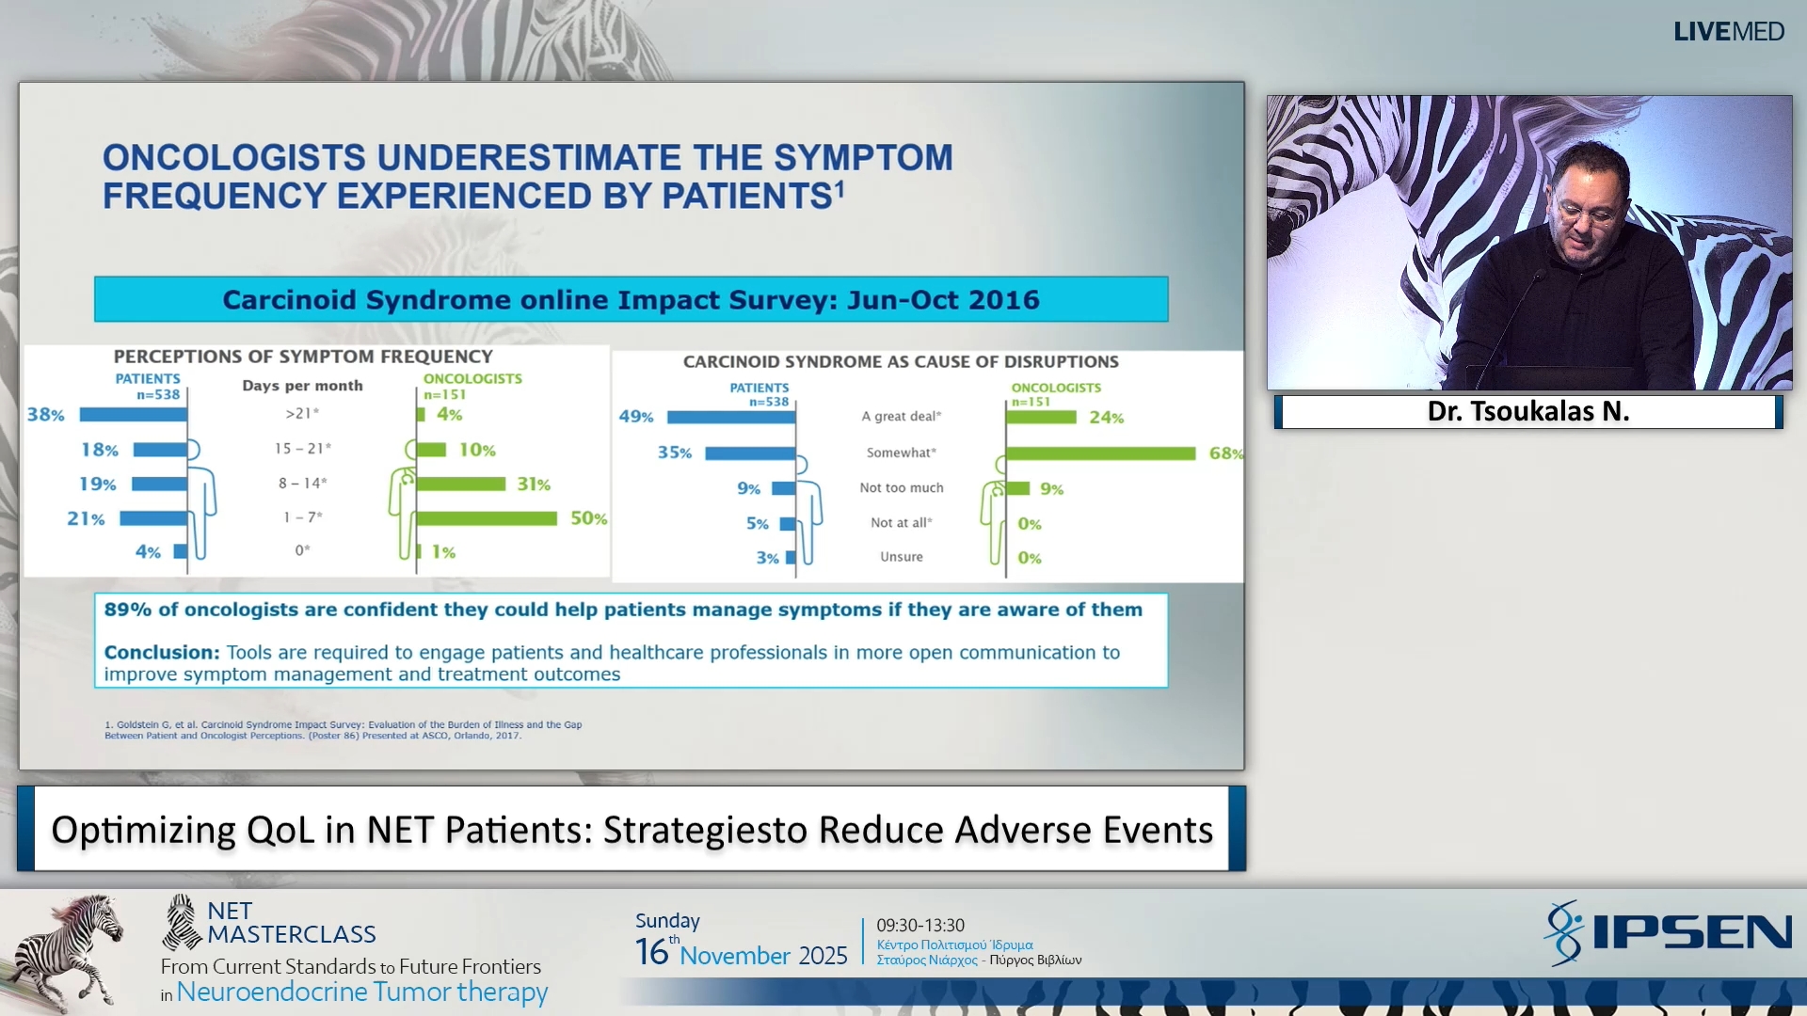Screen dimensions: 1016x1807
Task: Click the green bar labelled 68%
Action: pos(1100,453)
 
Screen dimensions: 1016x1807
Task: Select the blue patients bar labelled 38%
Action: pos(133,415)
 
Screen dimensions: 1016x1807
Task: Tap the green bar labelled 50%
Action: pos(487,518)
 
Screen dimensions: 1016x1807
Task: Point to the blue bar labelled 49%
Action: pos(731,417)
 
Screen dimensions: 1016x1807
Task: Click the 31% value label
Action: pos(534,484)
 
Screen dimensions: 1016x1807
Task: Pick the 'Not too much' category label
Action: pos(901,488)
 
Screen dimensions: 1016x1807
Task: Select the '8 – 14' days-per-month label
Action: pos(302,484)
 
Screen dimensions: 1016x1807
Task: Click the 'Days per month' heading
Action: pos(302,386)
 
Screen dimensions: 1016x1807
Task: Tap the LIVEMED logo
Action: pos(1728,32)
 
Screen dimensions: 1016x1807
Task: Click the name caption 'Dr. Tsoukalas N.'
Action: pos(1527,412)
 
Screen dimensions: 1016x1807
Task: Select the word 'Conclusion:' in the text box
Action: pos(161,653)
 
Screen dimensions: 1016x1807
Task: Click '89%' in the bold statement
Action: pos(128,610)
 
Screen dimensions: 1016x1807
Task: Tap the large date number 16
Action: pos(651,952)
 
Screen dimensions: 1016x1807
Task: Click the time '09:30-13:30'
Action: pos(919,926)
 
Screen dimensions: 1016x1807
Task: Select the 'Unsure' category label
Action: pos(901,557)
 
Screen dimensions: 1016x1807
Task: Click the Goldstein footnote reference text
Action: pos(343,730)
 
